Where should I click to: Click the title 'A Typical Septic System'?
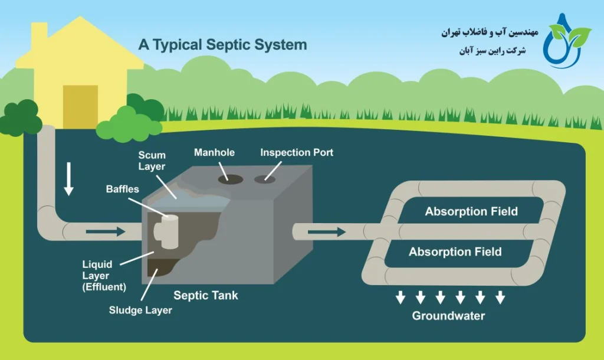(x=222, y=45)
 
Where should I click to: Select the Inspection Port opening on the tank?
(x=263, y=178)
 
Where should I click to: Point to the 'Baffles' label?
(x=123, y=189)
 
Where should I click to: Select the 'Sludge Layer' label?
(x=140, y=310)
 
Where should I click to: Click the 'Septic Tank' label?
(x=206, y=295)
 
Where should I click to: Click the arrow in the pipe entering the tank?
(x=106, y=231)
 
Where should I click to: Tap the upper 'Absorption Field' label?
(x=471, y=211)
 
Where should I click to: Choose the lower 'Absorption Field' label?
(x=455, y=252)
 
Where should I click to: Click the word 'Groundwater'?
(x=448, y=316)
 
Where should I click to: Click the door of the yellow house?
(x=80, y=106)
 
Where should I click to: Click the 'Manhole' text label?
(x=214, y=153)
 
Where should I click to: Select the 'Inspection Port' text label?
(x=297, y=153)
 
